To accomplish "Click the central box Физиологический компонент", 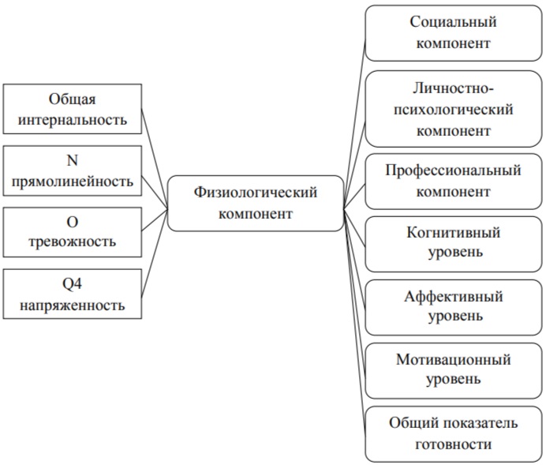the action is point(256,204).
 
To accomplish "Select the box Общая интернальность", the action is point(73,109).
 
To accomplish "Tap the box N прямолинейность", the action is point(73,171).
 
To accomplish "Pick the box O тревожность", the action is point(73,232).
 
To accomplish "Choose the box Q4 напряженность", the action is point(73,294).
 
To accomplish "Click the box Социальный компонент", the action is point(454,33).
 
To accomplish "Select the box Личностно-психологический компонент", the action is point(454,109).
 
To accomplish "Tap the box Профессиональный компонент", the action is point(454,182).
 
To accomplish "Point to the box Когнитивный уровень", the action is point(454,244).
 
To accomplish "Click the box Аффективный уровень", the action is point(454,308).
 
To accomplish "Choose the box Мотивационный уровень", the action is point(454,370).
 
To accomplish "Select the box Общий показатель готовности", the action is point(454,434).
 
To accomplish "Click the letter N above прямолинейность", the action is point(72,160).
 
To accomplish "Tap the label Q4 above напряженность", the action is point(72,284).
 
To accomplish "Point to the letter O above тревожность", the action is point(72,222).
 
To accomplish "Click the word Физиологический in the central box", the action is point(256,193).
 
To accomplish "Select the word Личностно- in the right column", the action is point(454,88).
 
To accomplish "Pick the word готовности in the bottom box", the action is point(454,444).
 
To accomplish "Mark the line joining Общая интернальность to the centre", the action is point(155,159).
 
